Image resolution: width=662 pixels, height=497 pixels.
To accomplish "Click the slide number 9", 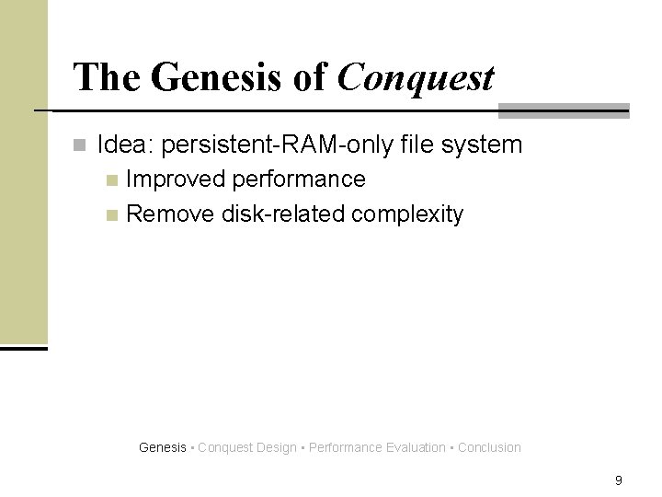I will [x=619, y=480].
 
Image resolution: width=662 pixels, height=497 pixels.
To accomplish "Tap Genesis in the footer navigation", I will [x=162, y=448].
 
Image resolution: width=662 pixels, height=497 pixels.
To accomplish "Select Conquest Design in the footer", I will [x=247, y=448].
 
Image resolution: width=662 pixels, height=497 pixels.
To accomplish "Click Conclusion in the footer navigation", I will [x=489, y=448].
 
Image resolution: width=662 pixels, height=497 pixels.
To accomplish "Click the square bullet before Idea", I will [x=80, y=145].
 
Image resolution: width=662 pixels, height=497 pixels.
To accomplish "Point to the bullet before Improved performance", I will [x=112, y=179].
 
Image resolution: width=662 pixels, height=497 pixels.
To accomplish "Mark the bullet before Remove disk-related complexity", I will [x=112, y=216].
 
